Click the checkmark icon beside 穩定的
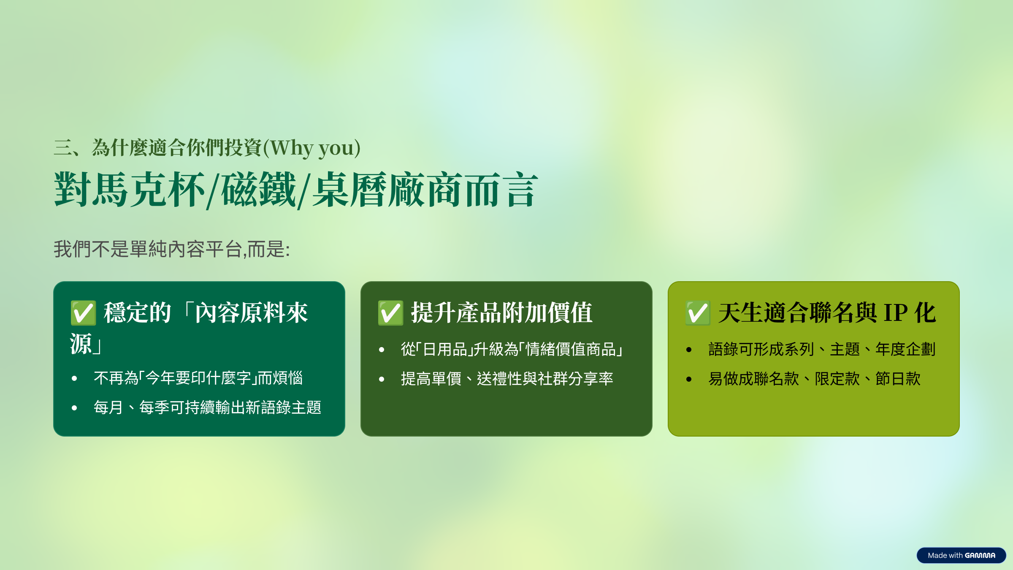tap(83, 313)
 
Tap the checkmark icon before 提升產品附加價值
tap(390, 313)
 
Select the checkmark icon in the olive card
tap(698, 313)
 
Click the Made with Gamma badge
tap(961, 555)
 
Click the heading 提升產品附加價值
tap(502, 313)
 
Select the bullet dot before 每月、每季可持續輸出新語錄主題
tap(74, 408)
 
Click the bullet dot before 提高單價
tap(382, 379)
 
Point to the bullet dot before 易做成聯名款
tap(689, 379)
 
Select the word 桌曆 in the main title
tap(350, 190)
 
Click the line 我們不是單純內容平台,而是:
tap(172, 249)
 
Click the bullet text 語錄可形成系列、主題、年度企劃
tap(822, 349)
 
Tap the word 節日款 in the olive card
tap(898, 379)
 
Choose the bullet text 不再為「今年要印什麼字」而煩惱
tap(198, 378)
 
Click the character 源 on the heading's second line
tap(81, 344)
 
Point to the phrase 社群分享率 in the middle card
tap(575, 379)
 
